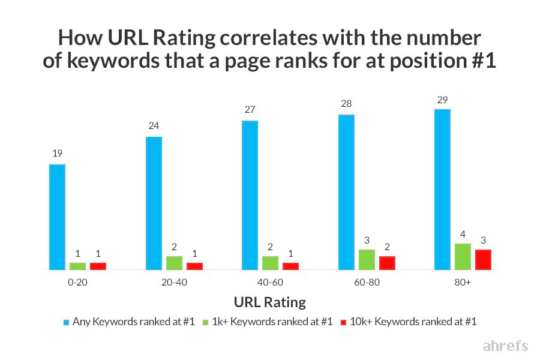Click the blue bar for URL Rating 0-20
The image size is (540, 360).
57,217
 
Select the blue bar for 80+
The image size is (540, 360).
442,190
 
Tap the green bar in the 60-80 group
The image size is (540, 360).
367,259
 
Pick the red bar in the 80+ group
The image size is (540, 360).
483,259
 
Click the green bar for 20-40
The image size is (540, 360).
174,263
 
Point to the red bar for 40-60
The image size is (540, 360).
290,266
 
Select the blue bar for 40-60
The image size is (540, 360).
250,195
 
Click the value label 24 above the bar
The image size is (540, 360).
153,126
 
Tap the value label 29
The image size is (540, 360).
442,98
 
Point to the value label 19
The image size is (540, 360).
57,154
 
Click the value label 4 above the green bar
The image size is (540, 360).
463,233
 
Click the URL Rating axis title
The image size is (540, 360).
269,302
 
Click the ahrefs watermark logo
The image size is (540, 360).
505,346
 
